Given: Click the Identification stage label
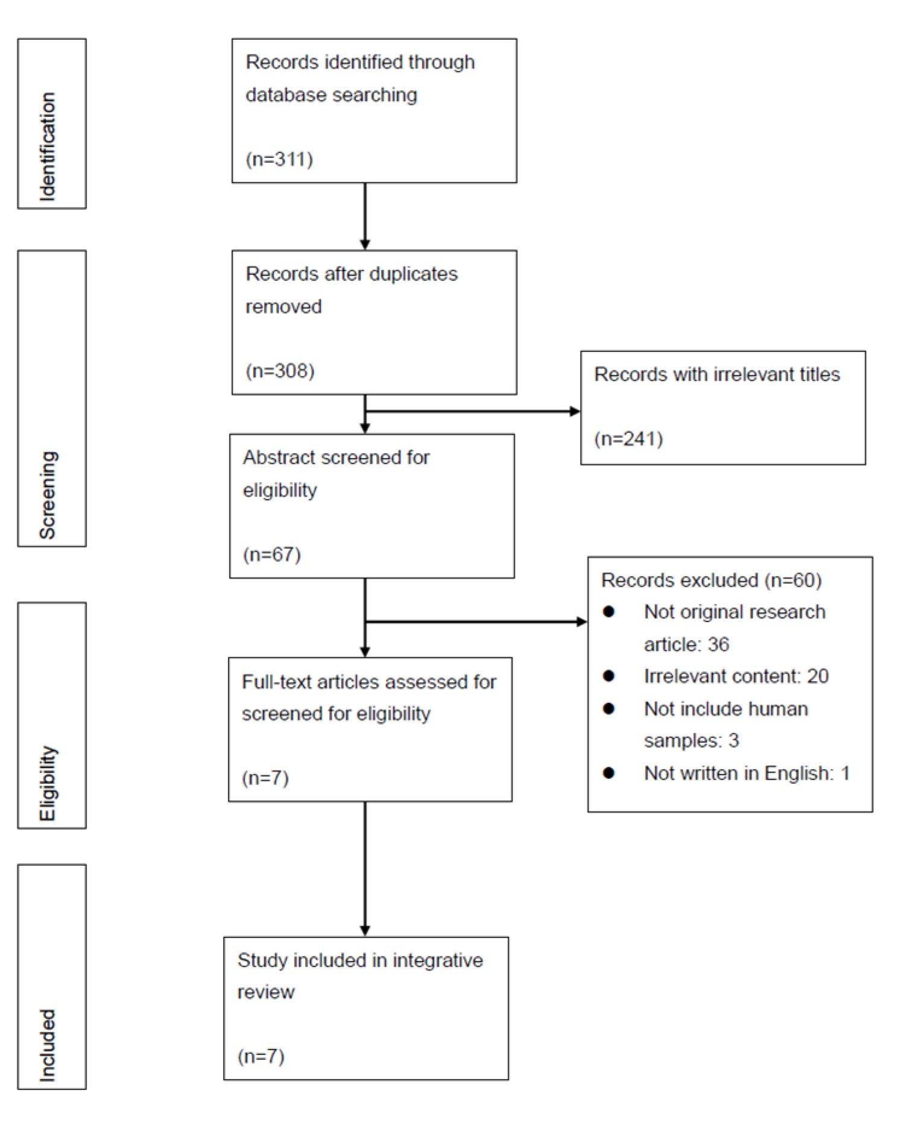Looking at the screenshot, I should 47,147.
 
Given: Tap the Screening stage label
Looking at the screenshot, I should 47,494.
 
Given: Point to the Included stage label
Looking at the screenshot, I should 47,1045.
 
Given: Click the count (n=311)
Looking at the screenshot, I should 279,159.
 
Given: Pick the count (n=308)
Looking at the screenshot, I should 280,371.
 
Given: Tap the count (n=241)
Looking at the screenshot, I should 628,438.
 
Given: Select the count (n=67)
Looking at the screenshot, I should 272,554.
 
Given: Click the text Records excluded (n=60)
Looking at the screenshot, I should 711,580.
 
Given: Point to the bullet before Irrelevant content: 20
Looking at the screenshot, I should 608,676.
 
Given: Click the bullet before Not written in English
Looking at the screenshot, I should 608,773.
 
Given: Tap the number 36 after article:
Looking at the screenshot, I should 718,644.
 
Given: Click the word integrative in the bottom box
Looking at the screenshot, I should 437,960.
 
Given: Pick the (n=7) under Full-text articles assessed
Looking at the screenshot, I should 265,778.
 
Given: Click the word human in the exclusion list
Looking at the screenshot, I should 777,709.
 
